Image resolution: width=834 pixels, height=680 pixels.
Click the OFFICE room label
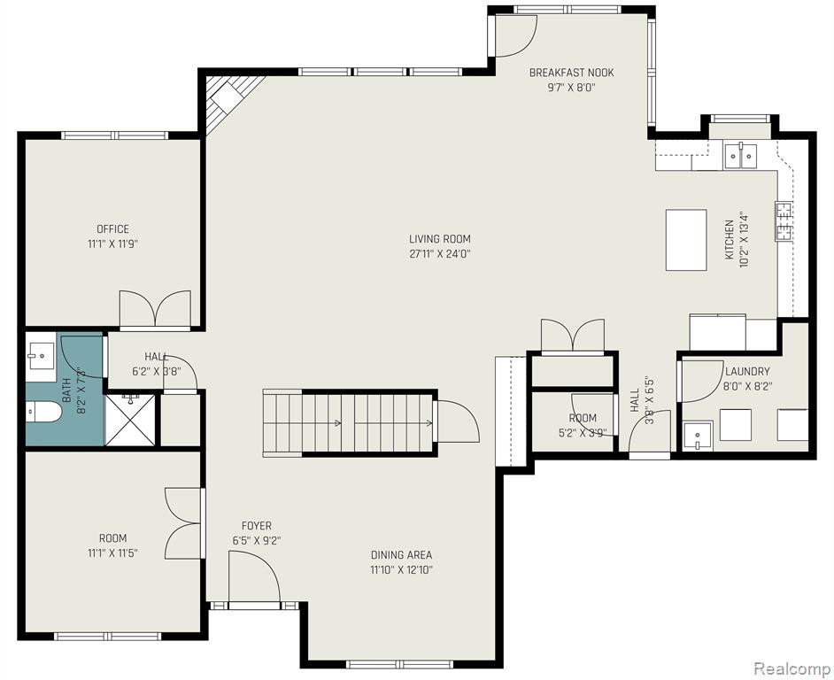pos(112,229)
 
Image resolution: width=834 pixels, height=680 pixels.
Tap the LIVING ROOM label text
pos(440,239)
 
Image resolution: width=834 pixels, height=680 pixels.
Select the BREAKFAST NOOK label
pos(571,73)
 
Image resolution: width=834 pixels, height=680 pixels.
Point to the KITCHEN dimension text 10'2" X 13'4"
pos(744,240)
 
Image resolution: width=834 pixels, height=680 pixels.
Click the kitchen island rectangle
pos(686,239)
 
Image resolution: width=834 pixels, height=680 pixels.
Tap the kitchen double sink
pos(740,155)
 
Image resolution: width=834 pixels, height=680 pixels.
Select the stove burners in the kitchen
pos(784,221)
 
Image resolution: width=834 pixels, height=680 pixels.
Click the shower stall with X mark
pos(130,420)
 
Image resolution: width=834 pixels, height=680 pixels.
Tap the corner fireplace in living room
pos(229,102)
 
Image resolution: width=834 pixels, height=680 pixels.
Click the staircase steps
pos(349,423)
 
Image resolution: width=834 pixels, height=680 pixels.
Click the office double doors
pos(155,309)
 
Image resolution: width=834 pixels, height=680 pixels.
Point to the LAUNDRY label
pos(747,371)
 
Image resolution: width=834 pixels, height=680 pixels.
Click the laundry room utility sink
pos(699,436)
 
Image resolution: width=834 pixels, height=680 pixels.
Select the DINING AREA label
pos(402,555)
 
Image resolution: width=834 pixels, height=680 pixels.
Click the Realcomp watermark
pos(792,668)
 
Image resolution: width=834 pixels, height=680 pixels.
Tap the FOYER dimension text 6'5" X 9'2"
pos(257,541)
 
